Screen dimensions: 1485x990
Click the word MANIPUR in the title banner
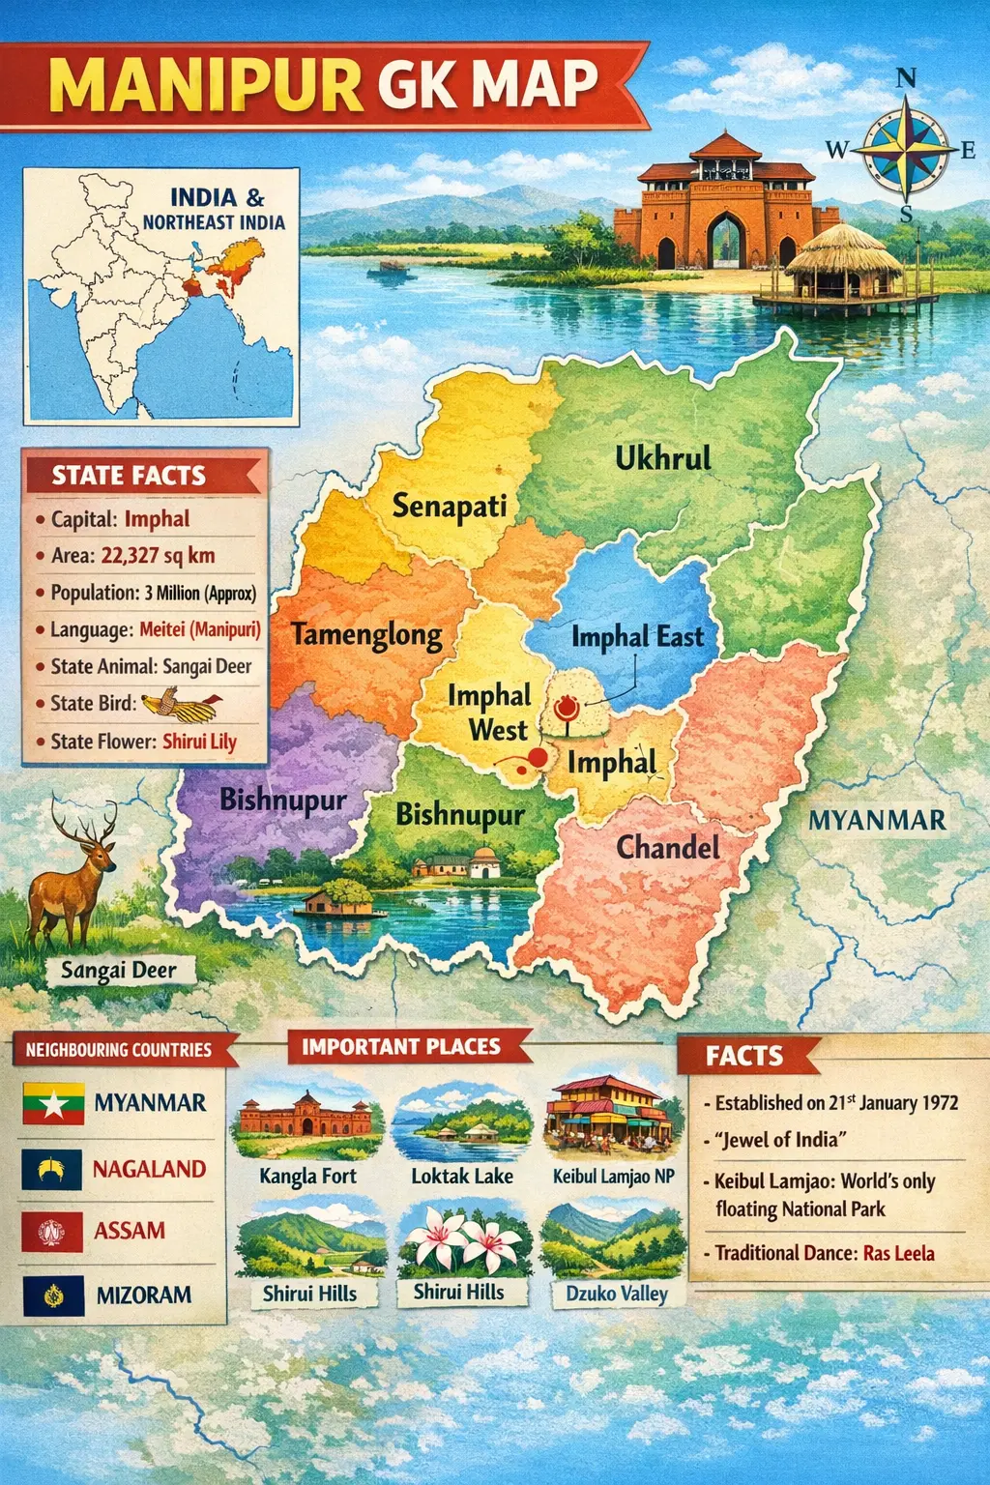tap(205, 85)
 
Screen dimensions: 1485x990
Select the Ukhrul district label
tap(663, 458)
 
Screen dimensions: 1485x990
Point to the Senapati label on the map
tap(450, 506)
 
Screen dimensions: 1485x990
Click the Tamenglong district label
tap(366, 635)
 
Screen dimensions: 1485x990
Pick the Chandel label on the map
tap(668, 848)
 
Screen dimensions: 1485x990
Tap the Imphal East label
tap(637, 637)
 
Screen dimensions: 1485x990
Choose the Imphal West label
tap(490, 713)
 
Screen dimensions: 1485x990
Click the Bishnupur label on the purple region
tap(282, 801)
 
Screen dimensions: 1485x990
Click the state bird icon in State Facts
tap(181, 705)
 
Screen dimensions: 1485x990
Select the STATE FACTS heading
tap(129, 476)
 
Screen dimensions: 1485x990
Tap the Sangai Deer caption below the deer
tap(119, 970)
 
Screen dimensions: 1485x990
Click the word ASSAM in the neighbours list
tap(130, 1231)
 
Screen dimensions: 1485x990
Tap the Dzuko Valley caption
tap(616, 1294)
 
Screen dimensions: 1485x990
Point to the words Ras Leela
tap(898, 1253)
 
